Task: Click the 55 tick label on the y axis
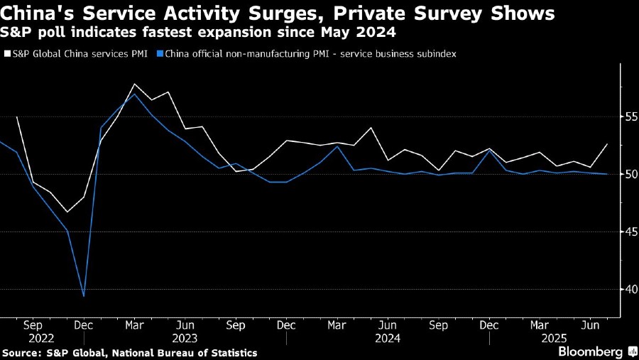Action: tap(629, 116)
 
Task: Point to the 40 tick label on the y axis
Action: tap(629, 289)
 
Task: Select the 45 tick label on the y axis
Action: tap(629, 231)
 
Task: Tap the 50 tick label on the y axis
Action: tap(629, 174)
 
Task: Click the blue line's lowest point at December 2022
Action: tap(84, 296)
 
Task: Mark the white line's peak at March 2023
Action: tap(135, 84)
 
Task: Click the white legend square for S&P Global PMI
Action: tap(6, 54)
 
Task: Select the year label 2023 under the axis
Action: tap(185, 338)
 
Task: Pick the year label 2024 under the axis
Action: tap(388, 338)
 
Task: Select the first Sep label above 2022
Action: tap(33, 325)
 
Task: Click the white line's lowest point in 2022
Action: tap(67, 212)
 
